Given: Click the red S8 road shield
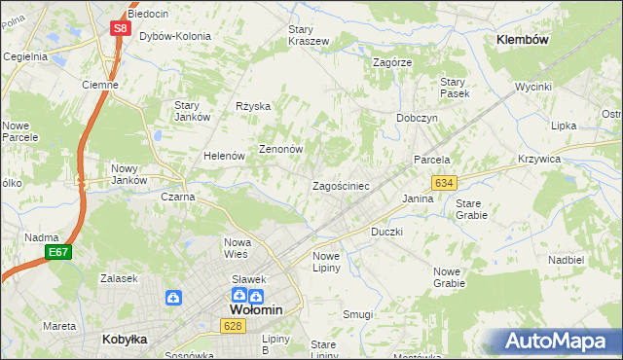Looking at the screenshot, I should (x=120, y=28).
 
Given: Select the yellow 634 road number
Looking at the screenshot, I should (x=445, y=183).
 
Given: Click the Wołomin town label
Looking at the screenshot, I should (x=255, y=309).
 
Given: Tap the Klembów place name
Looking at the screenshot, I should (x=523, y=40).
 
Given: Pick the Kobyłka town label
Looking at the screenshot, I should (x=123, y=339).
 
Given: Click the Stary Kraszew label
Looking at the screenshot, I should (x=309, y=35).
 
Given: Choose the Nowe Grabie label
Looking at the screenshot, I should (x=449, y=277).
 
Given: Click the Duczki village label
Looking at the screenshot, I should (x=386, y=233).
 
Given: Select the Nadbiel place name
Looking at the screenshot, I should (x=566, y=260).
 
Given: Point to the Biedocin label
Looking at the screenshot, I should (x=147, y=15).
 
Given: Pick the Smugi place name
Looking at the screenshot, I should (x=357, y=314).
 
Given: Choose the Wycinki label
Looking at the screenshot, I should (x=534, y=87).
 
